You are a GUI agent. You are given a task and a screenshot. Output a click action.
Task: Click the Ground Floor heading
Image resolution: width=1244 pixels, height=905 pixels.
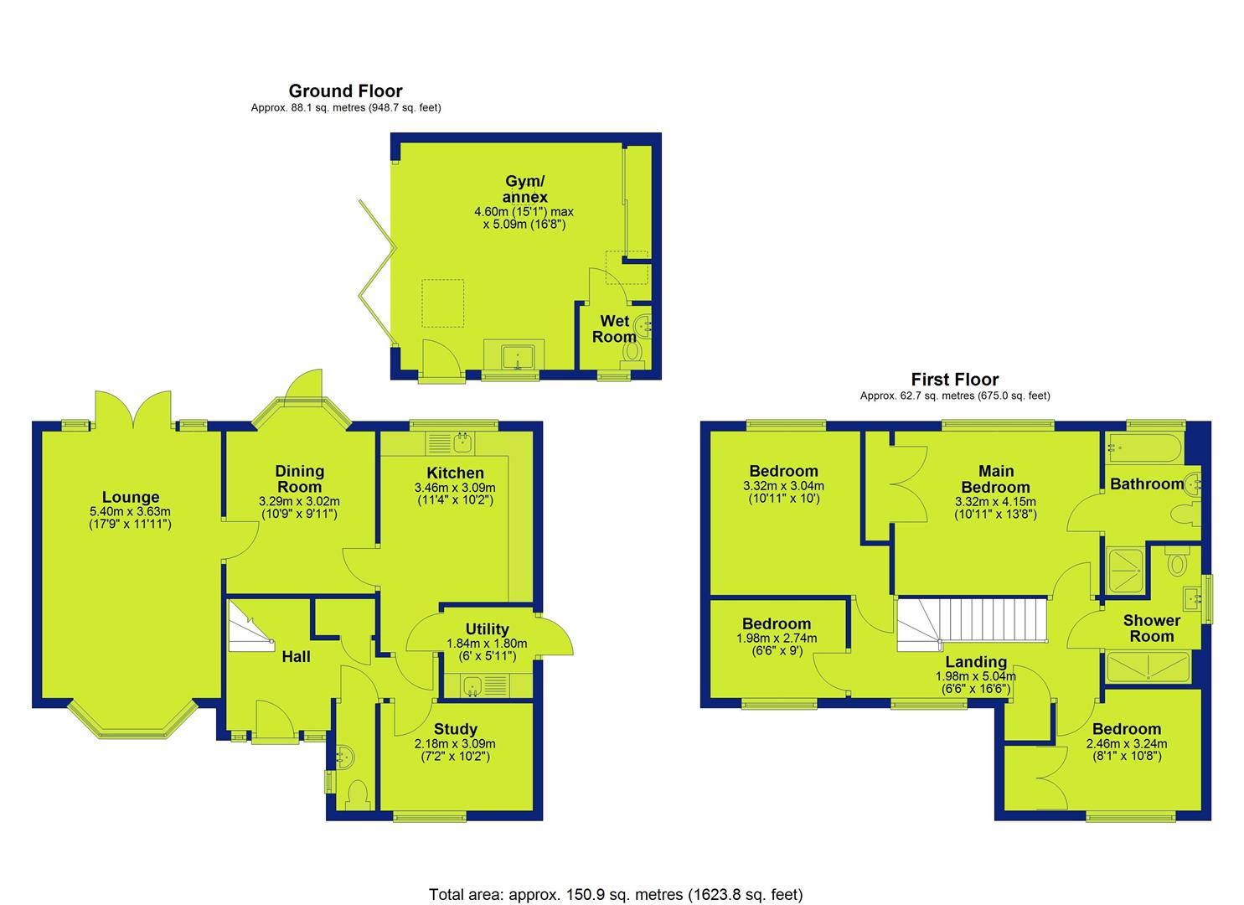click(345, 90)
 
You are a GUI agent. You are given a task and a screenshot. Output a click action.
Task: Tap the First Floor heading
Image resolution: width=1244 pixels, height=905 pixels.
click(955, 380)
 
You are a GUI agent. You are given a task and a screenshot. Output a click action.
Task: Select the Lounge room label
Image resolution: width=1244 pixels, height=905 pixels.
click(131, 497)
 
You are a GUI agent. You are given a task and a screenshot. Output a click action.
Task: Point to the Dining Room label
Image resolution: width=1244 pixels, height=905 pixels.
click(299, 478)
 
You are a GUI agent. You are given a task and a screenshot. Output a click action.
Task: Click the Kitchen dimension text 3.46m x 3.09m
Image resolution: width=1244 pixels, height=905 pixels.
click(455, 488)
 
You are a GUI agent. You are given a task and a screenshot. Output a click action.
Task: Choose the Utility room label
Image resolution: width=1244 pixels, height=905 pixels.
click(487, 628)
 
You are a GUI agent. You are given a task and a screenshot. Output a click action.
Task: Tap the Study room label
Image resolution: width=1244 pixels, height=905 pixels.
click(456, 729)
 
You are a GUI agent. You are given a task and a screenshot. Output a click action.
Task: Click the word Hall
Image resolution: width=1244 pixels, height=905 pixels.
click(296, 657)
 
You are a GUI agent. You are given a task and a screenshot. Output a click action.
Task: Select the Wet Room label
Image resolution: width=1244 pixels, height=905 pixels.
click(614, 328)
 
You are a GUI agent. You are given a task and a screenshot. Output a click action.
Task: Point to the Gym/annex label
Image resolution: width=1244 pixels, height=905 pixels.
click(524, 189)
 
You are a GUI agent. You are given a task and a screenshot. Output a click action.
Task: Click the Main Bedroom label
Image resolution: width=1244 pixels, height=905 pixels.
click(996, 478)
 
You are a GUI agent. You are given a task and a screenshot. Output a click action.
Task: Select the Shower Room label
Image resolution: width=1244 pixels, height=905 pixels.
click(1152, 628)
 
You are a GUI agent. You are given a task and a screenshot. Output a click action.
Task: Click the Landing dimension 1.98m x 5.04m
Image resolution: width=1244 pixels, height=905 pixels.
click(976, 677)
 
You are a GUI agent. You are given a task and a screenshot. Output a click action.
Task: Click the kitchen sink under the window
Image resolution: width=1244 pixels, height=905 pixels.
click(462, 443)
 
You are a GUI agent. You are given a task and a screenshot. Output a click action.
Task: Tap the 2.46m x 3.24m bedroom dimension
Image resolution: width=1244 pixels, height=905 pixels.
click(1127, 743)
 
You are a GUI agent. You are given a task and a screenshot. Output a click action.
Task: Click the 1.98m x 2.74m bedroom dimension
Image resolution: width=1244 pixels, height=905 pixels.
click(777, 639)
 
